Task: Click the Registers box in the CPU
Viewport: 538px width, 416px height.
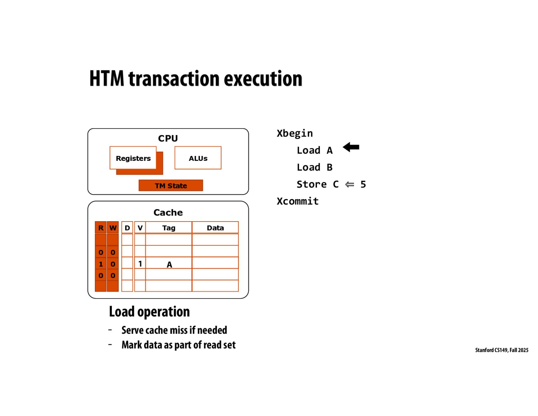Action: [x=133, y=158]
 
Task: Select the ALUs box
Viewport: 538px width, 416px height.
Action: [x=198, y=158]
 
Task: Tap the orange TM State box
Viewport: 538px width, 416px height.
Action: [x=171, y=185]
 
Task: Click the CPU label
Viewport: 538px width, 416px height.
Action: [x=168, y=138]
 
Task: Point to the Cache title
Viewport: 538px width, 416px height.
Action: [x=168, y=212]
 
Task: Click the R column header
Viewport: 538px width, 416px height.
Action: [x=101, y=228]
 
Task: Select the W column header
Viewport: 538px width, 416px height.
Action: [x=113, y=228]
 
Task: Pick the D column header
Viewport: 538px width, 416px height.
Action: [x=127, y=228]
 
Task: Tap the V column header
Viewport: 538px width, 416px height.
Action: [x=140, y=228]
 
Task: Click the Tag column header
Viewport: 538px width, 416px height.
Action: [x=169, y=228]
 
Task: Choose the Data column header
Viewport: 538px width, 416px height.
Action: [x=215, y=228]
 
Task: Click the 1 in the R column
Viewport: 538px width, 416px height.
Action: [x=101, y=264]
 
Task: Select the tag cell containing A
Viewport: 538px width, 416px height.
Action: [x=169, y=264]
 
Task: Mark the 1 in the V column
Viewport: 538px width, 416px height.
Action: [x=140, y=264]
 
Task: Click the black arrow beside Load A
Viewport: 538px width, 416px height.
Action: [x=351, y=147]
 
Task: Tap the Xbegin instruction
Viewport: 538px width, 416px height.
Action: [x=295, y=133]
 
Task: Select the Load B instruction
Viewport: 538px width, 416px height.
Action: [x=315, y=167]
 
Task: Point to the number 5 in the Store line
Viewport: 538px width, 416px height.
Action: [x=363, y=184]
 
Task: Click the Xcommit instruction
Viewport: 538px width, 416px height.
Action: [x=298, y=201]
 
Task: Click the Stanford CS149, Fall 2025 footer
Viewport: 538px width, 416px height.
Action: [x=502, y=350]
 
